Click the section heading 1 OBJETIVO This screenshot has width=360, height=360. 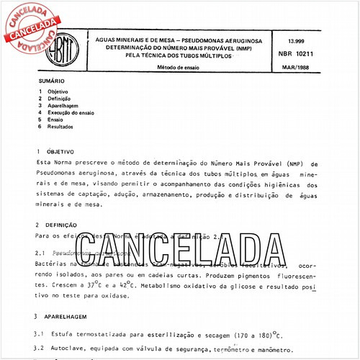coord(53,153)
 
